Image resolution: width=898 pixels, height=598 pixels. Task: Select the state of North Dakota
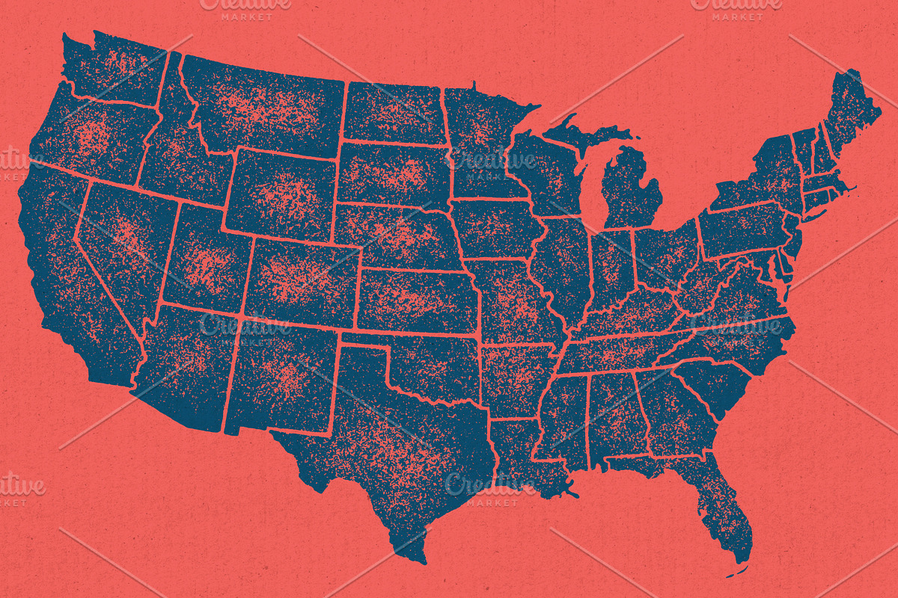click(x=393, y=112)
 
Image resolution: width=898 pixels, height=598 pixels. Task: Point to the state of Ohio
click(x=666, y=254)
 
